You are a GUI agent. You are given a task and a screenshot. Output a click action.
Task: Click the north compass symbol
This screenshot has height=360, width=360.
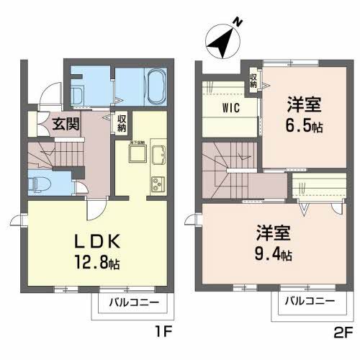tap(223, 42)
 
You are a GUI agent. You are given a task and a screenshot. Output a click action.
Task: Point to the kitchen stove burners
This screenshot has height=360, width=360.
tap(158, 184)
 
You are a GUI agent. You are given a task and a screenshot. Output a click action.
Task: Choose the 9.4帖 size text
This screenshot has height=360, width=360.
tap(274, 255)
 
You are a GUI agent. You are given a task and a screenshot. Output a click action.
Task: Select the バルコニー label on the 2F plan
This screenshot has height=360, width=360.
tap(308, 302)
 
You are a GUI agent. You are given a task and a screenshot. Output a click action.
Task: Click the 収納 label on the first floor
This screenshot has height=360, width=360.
tap(122, 123)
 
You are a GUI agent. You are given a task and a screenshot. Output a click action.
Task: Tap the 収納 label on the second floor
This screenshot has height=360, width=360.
tap(253, 79)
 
